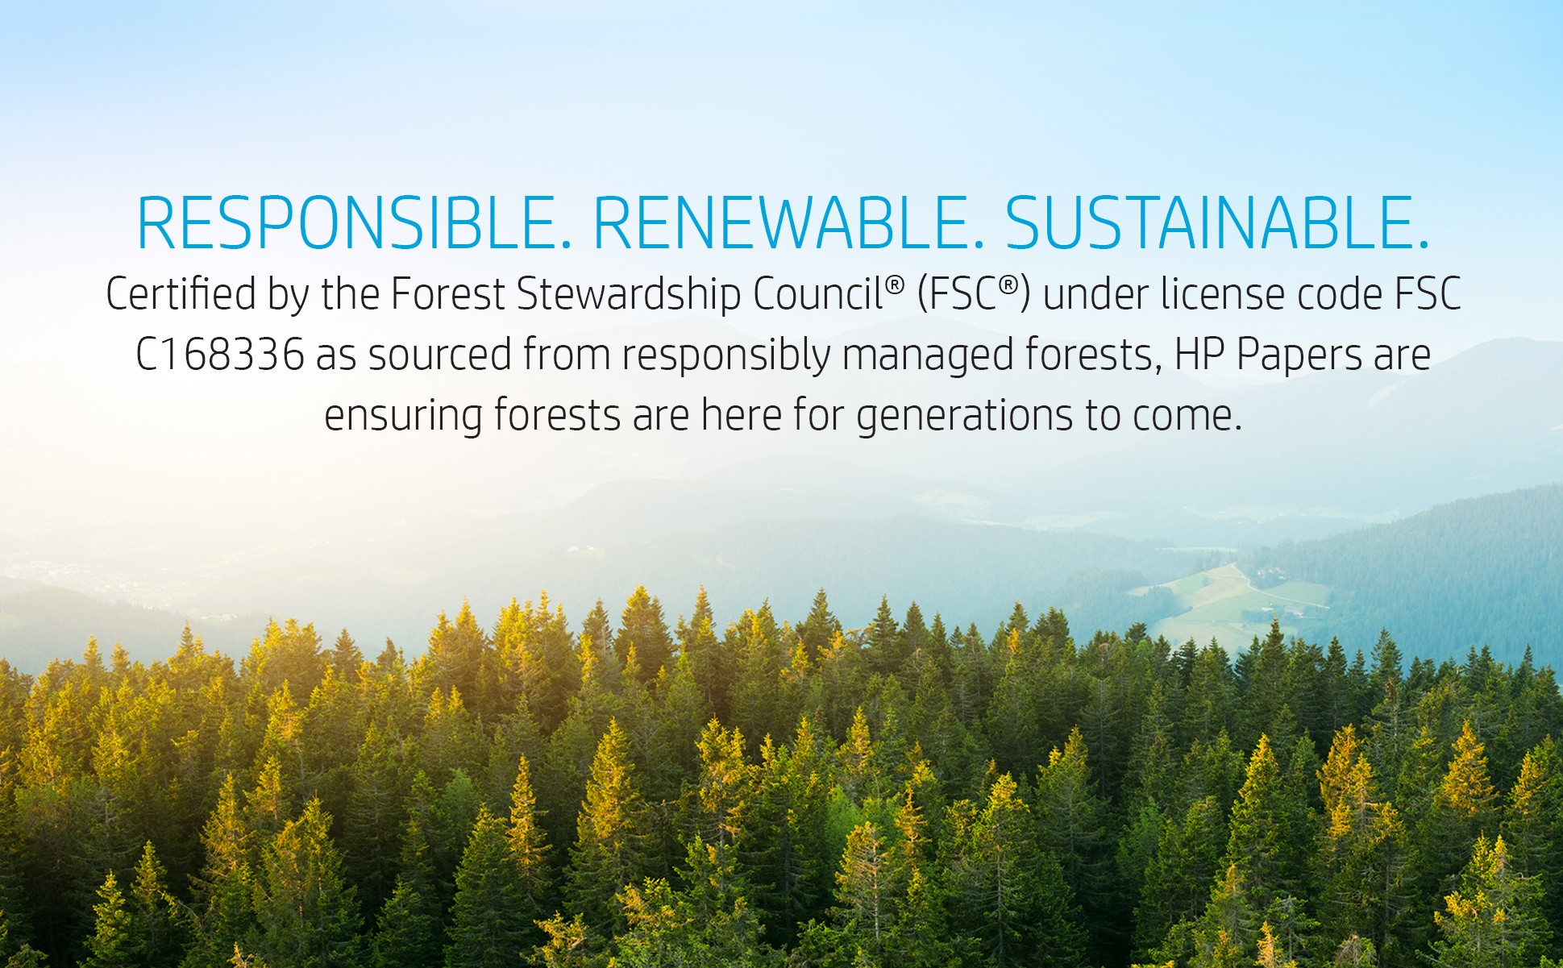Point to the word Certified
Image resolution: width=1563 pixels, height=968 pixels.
click(181, 293)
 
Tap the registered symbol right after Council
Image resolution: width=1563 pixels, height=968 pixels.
click(896, 285)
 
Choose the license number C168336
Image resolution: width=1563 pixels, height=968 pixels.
click(220, 355)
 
